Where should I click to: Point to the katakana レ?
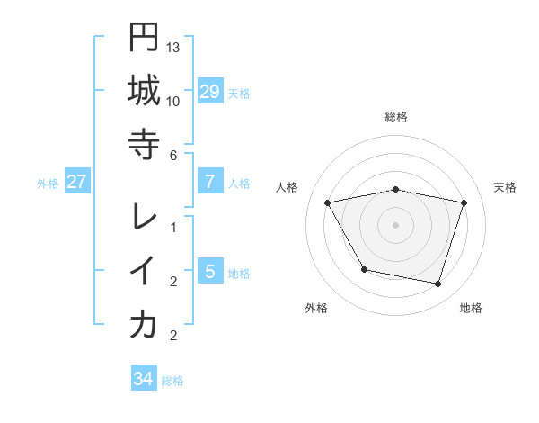pyautogui.click(x=144, y=217)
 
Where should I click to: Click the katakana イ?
pyautogui.click(x=144, y=270)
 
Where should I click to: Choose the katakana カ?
pyautogui.click(x=144, y=324)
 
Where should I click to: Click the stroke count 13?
pyautogui.click(x=173, y=46)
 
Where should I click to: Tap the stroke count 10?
pyautogui.click(x=173, y=100)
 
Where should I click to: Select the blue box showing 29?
pyautogui.click(x=209, y=91)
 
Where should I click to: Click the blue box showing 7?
pyautogui.click(x=209, y=182)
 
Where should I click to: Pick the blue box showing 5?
pyautogui.click(x=209, y=271)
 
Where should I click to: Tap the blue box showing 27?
pyautogui.click(x=76, y=182)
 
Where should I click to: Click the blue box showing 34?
pyautogui.click(x=143, y=379)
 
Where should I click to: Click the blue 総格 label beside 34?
pyautogui.click(x=172, y=381)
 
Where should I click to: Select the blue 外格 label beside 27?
pyautogui.click(x=47, y=184)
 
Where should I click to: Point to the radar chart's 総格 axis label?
pyautogui.click(x=396, y=117)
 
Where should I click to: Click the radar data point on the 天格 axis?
pyautogui.click(x=464, y=202)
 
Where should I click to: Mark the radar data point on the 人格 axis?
pyautogui.click(x=328, y=202)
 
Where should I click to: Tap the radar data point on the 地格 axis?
pyautogui.click(x=437, y=283)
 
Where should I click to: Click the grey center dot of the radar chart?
pyautogui.click(x=396, y=224)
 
